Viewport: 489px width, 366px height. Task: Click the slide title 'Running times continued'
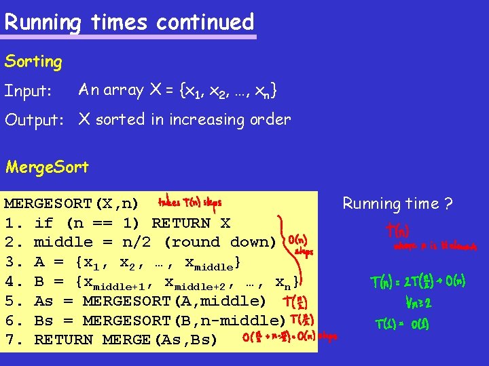point(129,22)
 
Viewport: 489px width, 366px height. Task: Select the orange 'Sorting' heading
point(33,62)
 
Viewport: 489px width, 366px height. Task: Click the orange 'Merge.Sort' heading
point(47,167)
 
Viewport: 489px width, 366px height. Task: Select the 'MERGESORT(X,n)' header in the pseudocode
point(71,203)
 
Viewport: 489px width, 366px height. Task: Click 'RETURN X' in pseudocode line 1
point(191,223)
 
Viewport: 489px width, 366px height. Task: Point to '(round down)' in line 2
point(221,242)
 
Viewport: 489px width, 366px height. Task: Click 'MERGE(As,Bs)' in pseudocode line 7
point(170,340)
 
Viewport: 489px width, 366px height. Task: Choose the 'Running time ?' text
point(398,203)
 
